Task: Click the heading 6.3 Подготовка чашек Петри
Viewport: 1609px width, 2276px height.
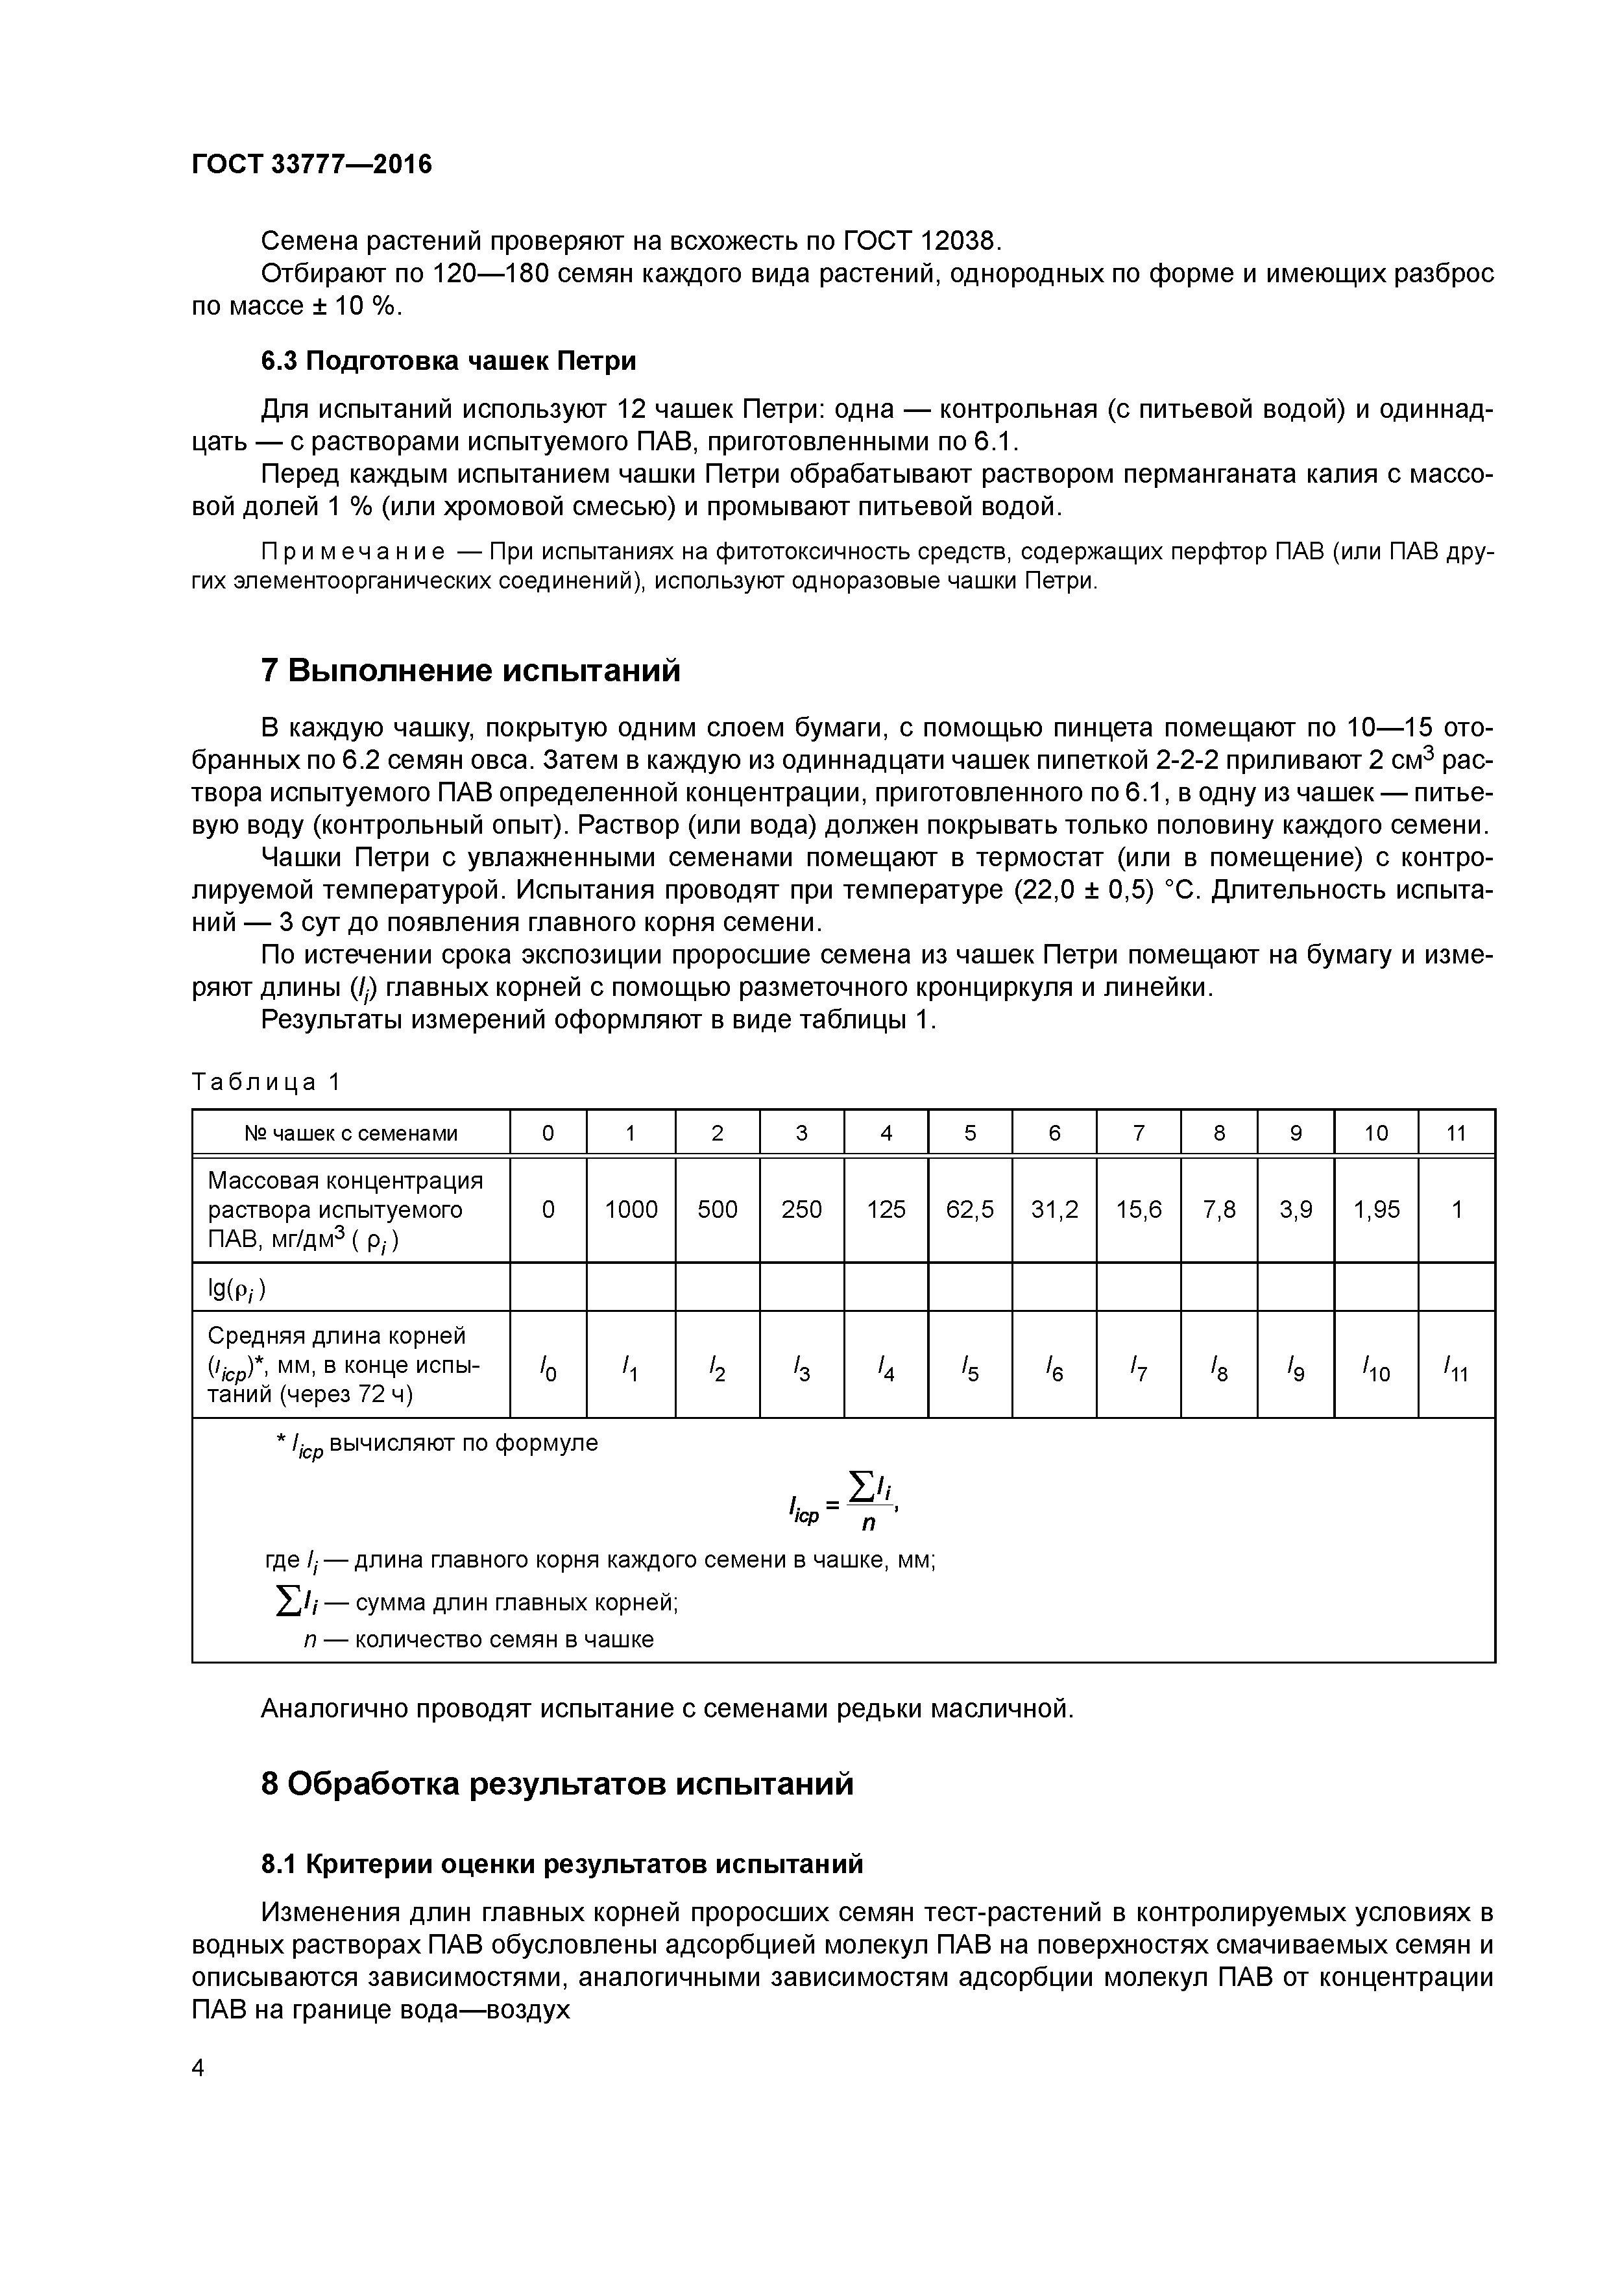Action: tap(448, 361)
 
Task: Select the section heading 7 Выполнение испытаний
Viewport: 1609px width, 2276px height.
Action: tap(471, 671)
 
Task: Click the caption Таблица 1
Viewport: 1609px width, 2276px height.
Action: tap(266, 1082)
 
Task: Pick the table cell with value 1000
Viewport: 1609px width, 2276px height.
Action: tap(631, 1209)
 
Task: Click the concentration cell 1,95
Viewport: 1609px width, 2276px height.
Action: tap(1376, 1209)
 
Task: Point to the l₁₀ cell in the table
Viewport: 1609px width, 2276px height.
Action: tap(1376, 1371)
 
